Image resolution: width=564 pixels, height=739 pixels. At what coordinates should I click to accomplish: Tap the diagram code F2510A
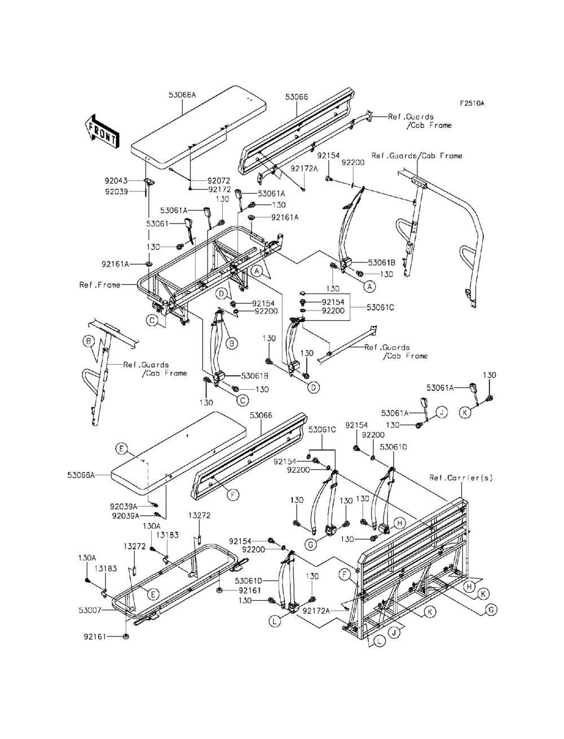coord(472,103)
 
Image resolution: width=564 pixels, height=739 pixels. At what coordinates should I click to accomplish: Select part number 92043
coord(116,181)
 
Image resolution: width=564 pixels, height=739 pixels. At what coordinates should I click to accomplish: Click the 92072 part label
coord(219,181)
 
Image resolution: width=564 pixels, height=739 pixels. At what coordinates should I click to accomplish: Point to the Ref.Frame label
coord(100,285)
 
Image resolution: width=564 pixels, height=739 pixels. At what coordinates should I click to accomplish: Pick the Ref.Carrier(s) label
coord(461,478)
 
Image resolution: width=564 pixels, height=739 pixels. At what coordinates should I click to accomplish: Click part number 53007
coord(90,610)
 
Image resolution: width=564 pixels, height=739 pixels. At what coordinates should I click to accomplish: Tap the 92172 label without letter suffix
coord(219,190)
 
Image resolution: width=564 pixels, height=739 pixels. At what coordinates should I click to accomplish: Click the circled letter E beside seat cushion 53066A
coord(121,448)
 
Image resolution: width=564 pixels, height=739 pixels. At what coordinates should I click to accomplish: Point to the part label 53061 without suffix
coord(158,224)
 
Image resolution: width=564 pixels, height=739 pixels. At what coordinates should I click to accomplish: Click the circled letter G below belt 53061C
coord(310,544)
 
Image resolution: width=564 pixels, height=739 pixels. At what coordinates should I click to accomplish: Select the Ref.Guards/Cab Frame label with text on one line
coord(417,156)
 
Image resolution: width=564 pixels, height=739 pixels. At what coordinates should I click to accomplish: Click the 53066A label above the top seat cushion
coord(182,95)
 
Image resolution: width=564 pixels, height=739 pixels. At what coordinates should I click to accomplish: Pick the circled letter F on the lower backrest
coord(232,495)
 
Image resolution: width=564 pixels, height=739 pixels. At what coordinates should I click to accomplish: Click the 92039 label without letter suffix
coord(116,191)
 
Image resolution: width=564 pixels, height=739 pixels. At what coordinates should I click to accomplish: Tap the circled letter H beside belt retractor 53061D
coord(399,523)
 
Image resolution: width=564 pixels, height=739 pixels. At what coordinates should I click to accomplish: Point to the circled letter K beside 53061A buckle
coord(465,413)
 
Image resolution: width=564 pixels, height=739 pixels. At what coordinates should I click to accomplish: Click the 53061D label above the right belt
coord(394,447)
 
